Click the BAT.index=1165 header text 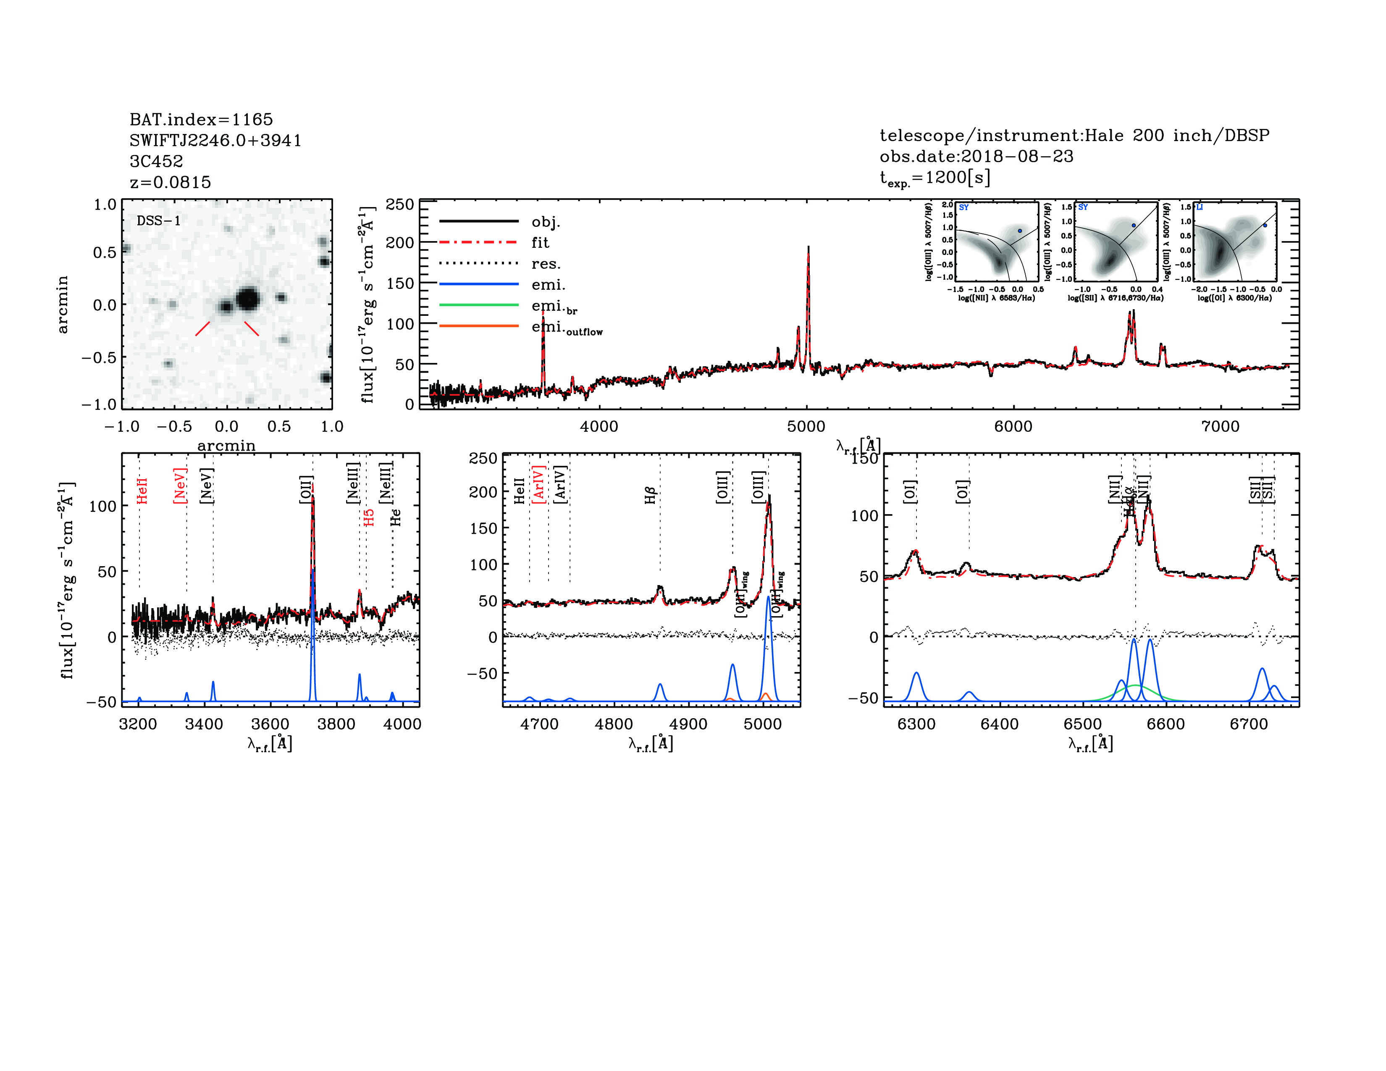[x=201, y=119]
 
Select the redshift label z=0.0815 [x=170, y=182]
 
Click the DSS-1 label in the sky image [x=159, y=221]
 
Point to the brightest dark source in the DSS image [x=247, y=298]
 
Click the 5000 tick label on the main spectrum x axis [x=806, y=426]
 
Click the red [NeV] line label [x=180, y=486]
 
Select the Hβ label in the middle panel [x=651, y=495]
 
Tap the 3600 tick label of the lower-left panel [x=270, y=724]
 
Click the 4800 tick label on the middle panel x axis [x=614, y=724]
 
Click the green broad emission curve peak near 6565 [x=1136, y=685]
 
